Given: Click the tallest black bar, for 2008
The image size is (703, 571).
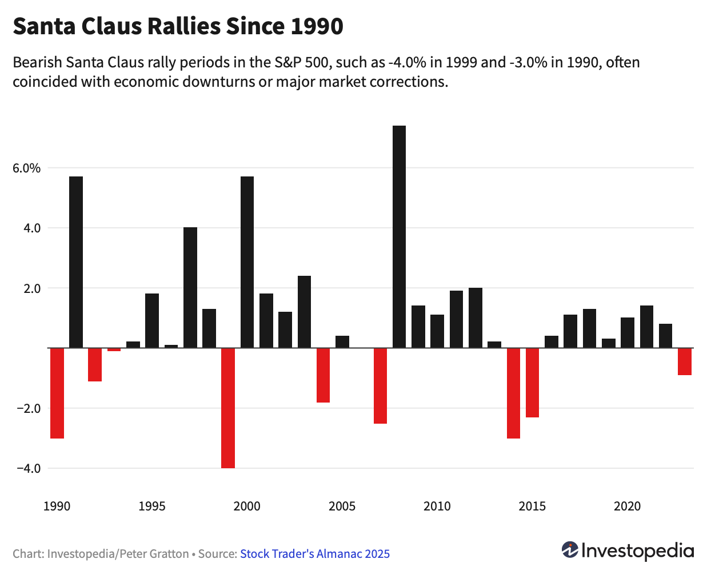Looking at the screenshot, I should [x=399, y=236].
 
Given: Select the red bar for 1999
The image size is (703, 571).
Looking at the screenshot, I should [x=228, y=408].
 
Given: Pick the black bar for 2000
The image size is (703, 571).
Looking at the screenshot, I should [x=247, y=262].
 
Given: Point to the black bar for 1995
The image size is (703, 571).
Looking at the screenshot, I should [x=152, y=320].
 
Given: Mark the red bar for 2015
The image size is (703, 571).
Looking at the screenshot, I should [x=532, y=383].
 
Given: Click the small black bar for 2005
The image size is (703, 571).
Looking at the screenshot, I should [x=342, y=341].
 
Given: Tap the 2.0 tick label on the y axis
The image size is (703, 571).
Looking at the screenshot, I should [x=31, y=288].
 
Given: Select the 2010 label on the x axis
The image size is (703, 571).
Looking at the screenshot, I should [x=437, y=506].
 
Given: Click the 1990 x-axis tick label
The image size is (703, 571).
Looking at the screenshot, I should [x=57, y=506].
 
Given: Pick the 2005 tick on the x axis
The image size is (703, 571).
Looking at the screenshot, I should [x=342, y=506].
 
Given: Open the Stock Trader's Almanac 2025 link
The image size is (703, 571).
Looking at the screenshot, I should [x=315, y=553].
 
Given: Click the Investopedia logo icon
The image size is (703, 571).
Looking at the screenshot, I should [x=570, y=550].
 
